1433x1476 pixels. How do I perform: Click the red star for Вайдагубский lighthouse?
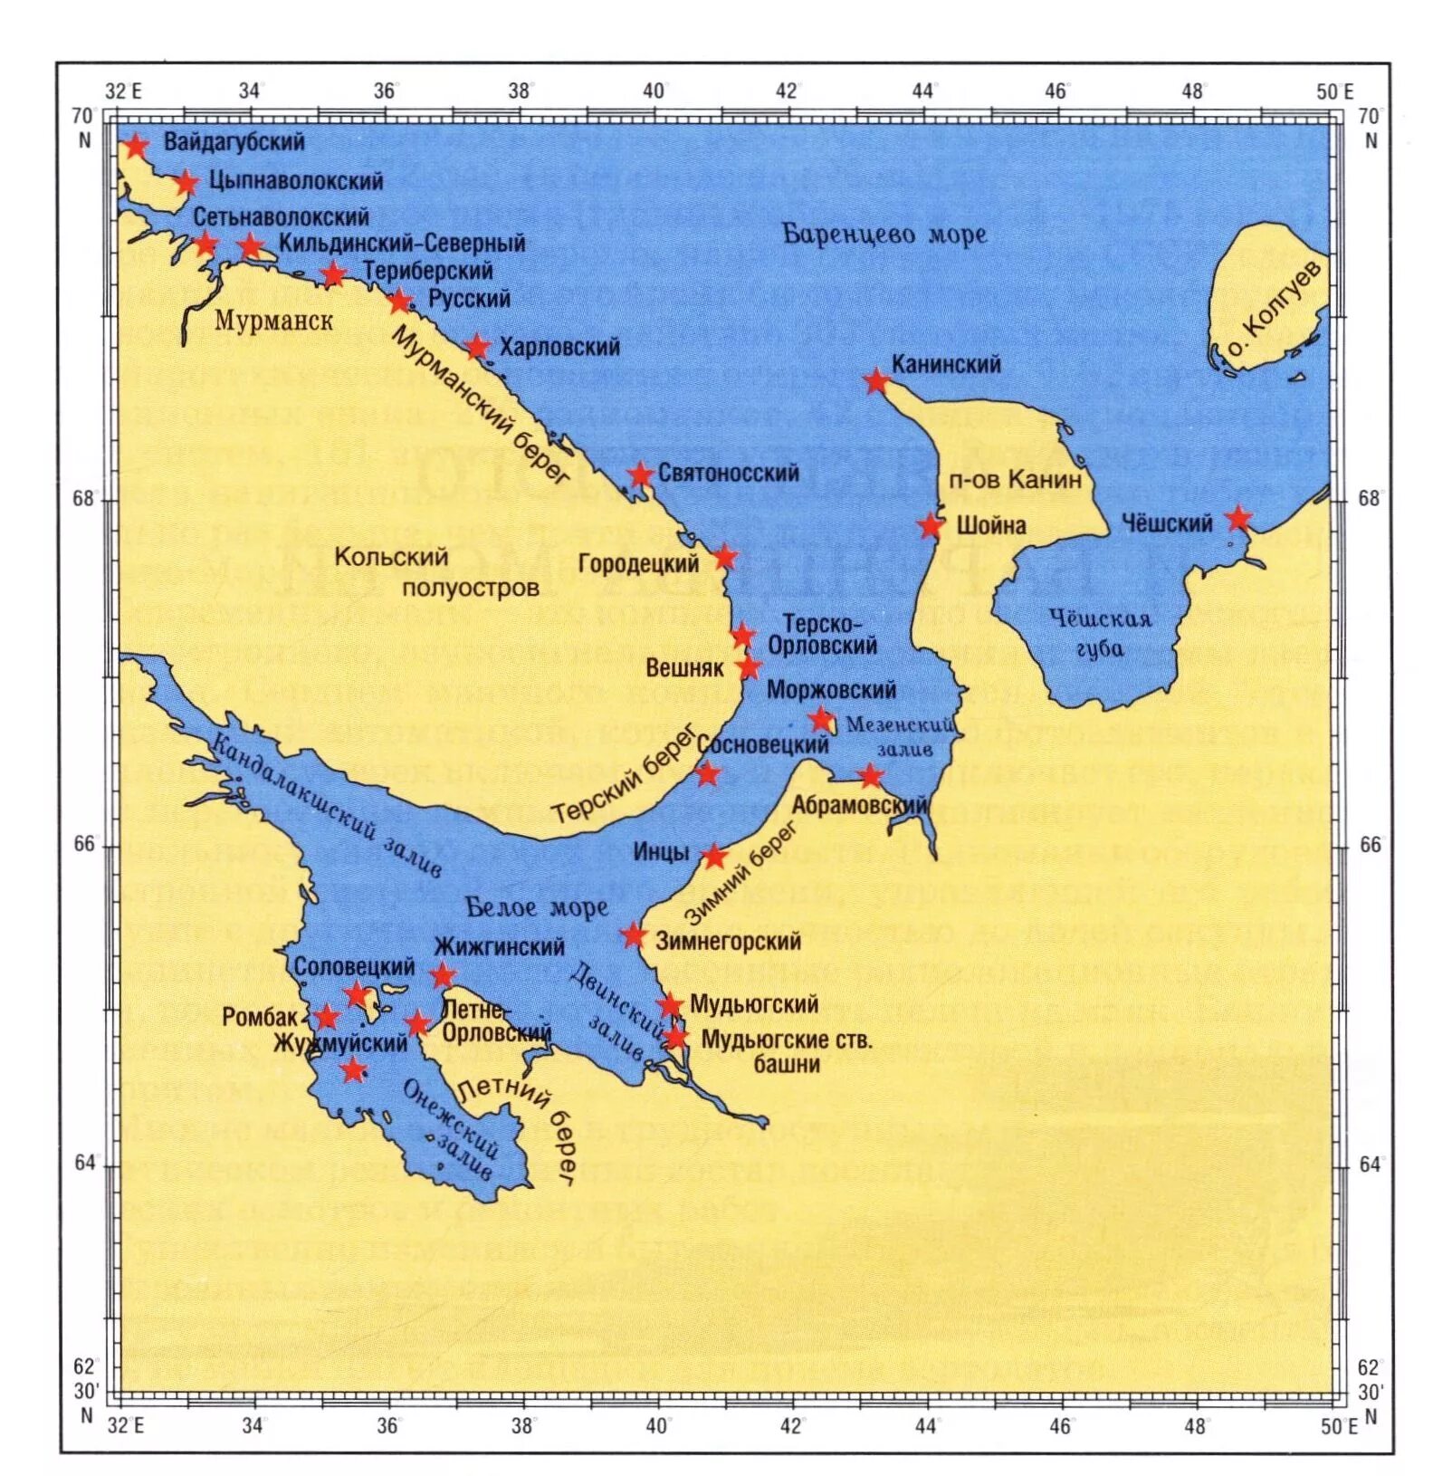pos(136,146)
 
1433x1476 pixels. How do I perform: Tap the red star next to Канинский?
pos(875,381)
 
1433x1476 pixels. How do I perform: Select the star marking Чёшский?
pos(1238,519)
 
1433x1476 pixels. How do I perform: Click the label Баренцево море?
pos(884,235)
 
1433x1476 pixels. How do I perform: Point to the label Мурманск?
pos(273,321)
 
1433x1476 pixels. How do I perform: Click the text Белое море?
pos(537,907)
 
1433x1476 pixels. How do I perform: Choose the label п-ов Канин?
pos(1016,479)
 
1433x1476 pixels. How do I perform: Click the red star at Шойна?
pos(930,525)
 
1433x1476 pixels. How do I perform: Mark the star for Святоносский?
pos(640,474)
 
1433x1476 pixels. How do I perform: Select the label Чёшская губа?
pos(1100,632)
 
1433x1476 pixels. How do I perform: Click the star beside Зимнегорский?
pos(634,935)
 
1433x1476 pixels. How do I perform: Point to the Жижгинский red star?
pos(442,975)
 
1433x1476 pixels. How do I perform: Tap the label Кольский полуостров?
pos(435,572)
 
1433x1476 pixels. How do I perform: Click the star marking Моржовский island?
pos(820,720)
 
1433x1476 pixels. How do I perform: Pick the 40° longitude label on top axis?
pos(654,91)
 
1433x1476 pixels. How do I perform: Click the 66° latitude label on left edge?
pos(84,844)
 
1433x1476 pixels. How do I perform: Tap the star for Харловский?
pos(477,347)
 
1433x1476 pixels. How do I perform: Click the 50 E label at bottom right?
pos(1338,1426)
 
